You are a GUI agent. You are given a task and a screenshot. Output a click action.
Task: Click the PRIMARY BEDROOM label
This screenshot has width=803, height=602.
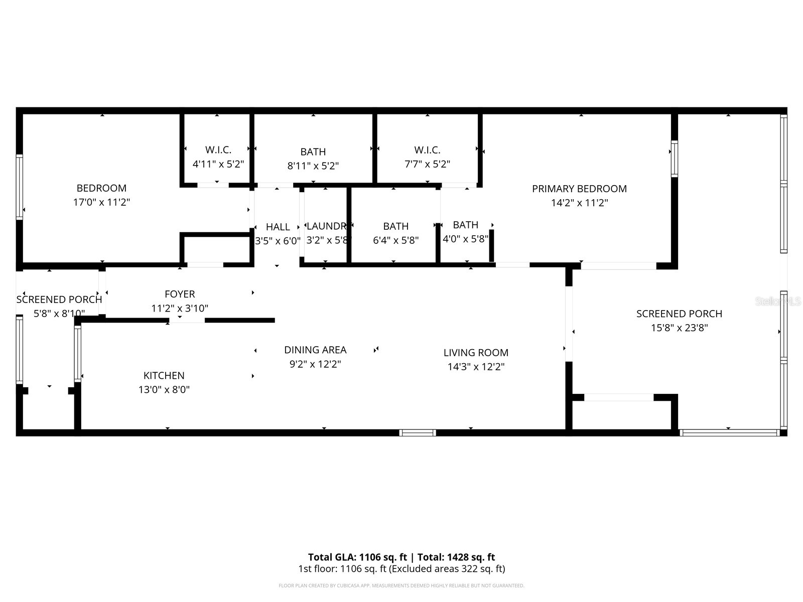[x=579, y=189]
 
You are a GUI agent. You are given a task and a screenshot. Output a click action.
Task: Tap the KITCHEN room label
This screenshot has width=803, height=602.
[x=164, y=376]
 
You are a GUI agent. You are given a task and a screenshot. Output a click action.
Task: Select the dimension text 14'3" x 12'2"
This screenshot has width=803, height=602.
[x=476, y=367]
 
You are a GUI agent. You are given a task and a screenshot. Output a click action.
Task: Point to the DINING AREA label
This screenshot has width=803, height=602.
[x=315, y=350]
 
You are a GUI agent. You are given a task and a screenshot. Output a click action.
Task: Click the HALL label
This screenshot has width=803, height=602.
[x=278, y=227]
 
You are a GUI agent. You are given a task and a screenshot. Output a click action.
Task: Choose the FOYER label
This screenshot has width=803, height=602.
[x=180, y=294]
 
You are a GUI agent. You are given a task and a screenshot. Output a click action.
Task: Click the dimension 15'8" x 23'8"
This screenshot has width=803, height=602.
[x=679, y=328]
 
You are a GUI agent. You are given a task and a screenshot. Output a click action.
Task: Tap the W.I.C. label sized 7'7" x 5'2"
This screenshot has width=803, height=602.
[x=427, y=150]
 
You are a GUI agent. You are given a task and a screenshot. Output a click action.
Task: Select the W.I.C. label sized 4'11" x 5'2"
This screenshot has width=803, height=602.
[x=218, y=150]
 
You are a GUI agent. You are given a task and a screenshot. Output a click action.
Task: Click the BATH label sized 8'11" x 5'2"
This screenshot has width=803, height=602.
[x=313, y=152]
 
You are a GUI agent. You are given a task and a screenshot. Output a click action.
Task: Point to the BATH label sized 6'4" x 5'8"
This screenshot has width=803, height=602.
[x=395, y=227]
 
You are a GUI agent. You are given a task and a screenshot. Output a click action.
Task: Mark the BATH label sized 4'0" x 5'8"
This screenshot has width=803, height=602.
[x=465, y=225]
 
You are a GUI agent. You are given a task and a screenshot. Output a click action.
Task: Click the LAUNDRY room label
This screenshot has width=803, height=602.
[x=326, y=227]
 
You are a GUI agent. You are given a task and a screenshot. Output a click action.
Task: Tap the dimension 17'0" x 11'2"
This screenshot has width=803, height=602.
[x=101, y=203]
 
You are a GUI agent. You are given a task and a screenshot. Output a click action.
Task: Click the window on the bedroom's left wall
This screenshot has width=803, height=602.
[x=20, y=187]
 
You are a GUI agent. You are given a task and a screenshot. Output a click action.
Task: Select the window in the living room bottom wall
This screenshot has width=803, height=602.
[x=418, y=432]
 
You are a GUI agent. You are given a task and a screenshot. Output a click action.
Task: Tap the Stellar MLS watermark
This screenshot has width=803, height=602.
[x=778, y=302]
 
